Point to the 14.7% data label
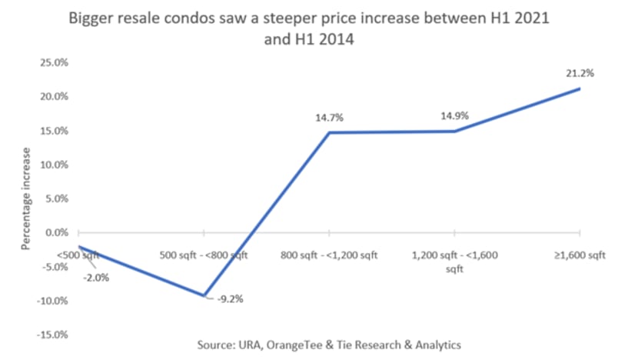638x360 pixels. click(329, 118)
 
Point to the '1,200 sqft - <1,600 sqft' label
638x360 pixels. click(454, 262)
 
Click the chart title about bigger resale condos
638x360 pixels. click(318, 26)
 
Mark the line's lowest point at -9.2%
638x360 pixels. click(204, 295)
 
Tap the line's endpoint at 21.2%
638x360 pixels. click(580, 88)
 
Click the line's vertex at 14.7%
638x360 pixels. click(329, 132)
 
